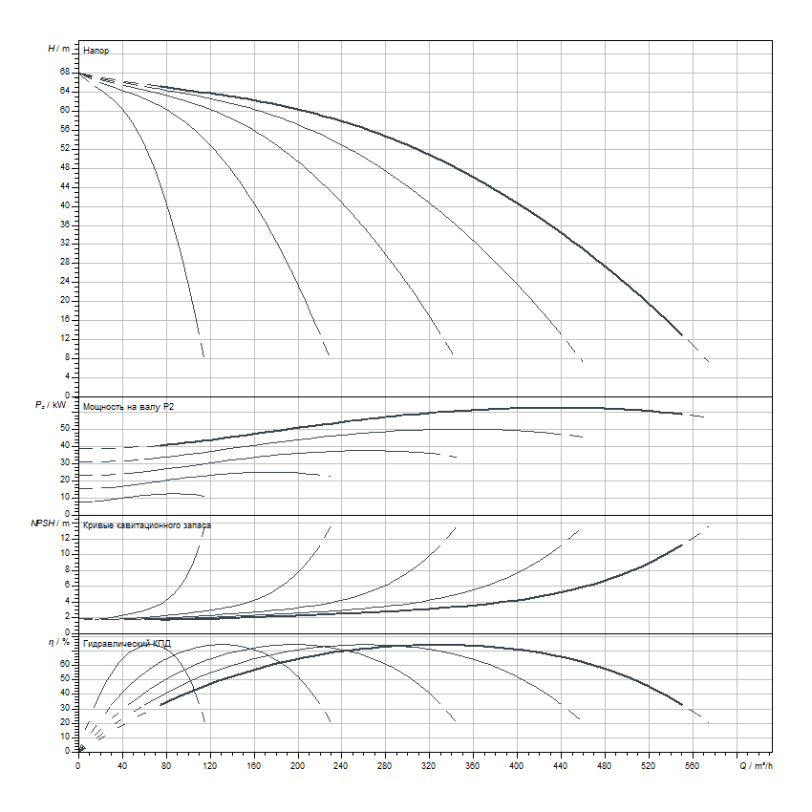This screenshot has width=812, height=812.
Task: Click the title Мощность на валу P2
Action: [129, 407]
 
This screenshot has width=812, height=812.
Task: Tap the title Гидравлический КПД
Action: [127, 644]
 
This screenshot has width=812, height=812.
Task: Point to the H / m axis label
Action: [58, 48]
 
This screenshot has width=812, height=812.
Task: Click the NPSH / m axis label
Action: [52, 524]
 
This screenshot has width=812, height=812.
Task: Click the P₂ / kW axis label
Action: [54, 406]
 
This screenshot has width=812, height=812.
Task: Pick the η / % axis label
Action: [58, 643]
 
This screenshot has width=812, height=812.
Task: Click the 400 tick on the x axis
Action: [517, 766]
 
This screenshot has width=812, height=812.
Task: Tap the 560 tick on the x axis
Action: [693, 766]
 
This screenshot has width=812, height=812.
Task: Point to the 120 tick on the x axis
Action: [209, 766]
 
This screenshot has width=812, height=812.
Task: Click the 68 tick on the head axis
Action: [64, 72]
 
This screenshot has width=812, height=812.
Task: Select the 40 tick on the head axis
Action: [64, 204]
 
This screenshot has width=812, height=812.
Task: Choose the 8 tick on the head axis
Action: [67, 357]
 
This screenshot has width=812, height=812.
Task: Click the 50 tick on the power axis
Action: [64, 428]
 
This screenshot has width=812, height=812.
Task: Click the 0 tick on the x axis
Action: [78, 766]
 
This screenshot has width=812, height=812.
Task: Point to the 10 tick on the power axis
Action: [64, 497]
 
